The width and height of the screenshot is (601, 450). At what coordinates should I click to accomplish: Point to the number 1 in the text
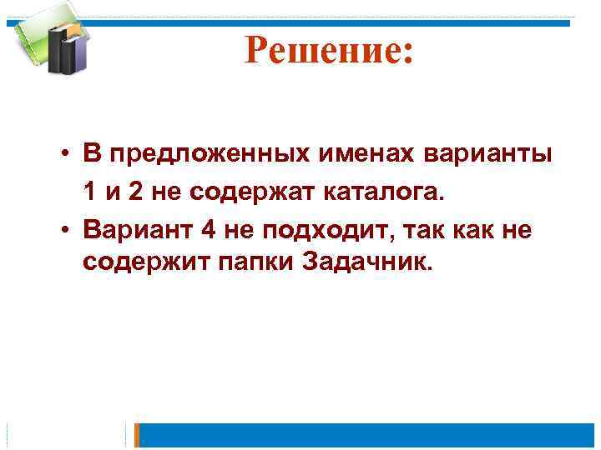(x=88, y=192)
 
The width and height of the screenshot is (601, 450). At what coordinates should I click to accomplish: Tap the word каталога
(x=382, y=192)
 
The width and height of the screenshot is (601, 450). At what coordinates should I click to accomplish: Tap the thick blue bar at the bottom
(x=367, y=435)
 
